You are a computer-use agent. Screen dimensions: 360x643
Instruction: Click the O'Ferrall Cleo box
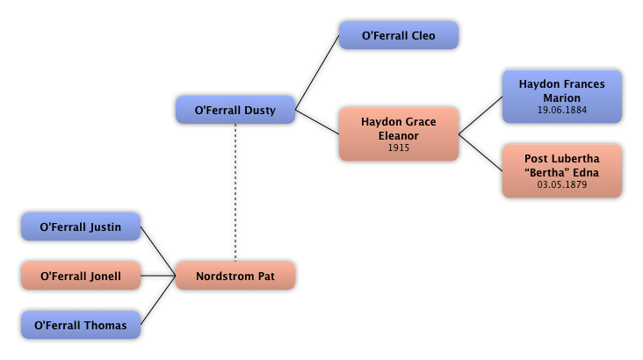click(399, 36)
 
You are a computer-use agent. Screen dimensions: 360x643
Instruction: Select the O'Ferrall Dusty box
click(235, 111)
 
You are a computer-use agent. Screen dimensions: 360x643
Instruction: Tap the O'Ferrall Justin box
click(81, 227)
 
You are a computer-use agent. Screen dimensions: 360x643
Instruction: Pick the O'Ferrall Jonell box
click(81, 277)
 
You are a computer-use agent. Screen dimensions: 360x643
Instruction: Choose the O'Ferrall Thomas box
click(81, 326)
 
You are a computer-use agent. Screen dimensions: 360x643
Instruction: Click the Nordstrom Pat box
click(235, 277)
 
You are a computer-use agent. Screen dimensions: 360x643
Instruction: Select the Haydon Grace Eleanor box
click(399, 134)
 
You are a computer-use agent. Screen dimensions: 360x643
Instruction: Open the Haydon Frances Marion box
click(562, 97)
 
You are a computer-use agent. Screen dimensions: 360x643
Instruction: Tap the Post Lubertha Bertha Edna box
click(562, 171)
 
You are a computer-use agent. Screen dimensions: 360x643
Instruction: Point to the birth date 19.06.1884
click(562, 111)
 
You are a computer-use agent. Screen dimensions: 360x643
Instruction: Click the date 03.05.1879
click(562, 185)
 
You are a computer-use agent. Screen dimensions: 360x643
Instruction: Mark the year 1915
click(399, 148)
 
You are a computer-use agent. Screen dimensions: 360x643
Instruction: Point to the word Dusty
click(259, 111)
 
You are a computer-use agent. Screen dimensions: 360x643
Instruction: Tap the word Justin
click(105, 227)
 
